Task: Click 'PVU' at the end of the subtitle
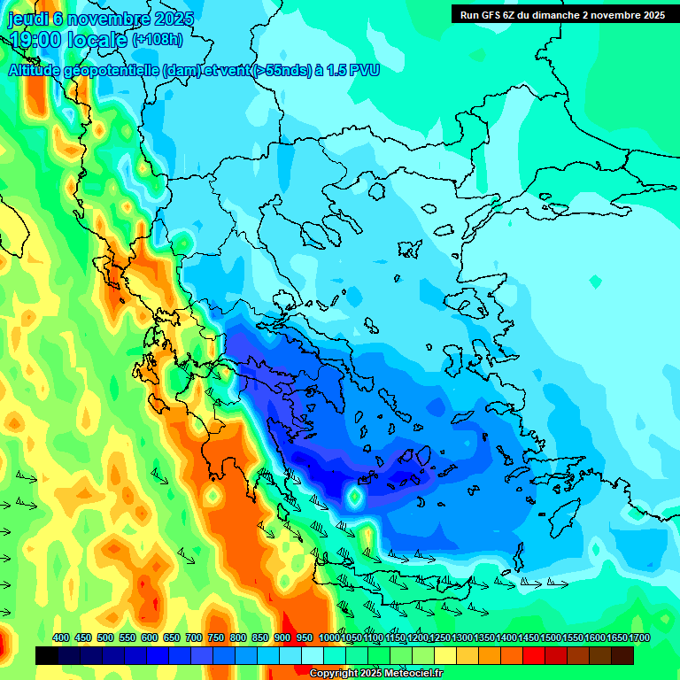(x=363, y=70)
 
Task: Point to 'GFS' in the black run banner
(x=499, y=15)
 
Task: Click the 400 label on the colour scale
(x=61, y=638)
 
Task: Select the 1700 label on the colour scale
(x=639, y=638)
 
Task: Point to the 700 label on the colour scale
(x=194, y=638)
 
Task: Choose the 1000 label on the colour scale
(x=328, y=638)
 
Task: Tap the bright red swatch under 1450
(x=534, y=655)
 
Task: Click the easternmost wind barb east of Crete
(x=558, y=583)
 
